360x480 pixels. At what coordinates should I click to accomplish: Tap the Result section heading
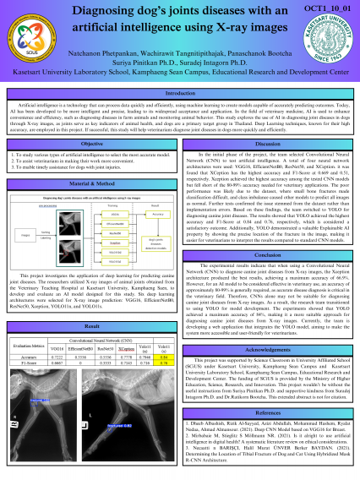coord(91,301)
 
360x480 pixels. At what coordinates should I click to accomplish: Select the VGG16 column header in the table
coord(57,325)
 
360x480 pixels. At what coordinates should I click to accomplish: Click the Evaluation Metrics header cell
coord(25,322)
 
